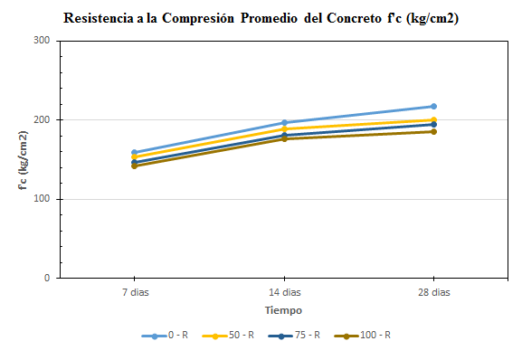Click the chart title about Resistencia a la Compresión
click(261, 18)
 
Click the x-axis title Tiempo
click(283, 310)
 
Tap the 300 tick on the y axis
click(42, 41)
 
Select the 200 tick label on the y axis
click(42, 119)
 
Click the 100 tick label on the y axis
click(42, 199)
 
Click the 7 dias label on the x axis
click(134, 292)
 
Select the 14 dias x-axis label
click(284, 292)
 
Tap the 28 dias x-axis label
click(433, 292)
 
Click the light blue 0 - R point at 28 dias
click(433, 107)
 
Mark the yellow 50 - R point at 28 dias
click(433, 119)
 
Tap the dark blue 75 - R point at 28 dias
click(433, 124)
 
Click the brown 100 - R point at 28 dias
click(433, 132)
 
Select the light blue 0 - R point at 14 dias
click(284, 123)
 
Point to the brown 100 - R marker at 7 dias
click(134, 166)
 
